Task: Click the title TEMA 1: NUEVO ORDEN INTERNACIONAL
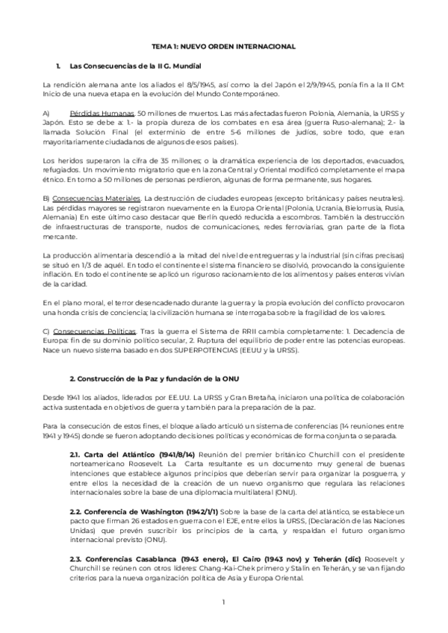pyautogui.click(x=224, y=46)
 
